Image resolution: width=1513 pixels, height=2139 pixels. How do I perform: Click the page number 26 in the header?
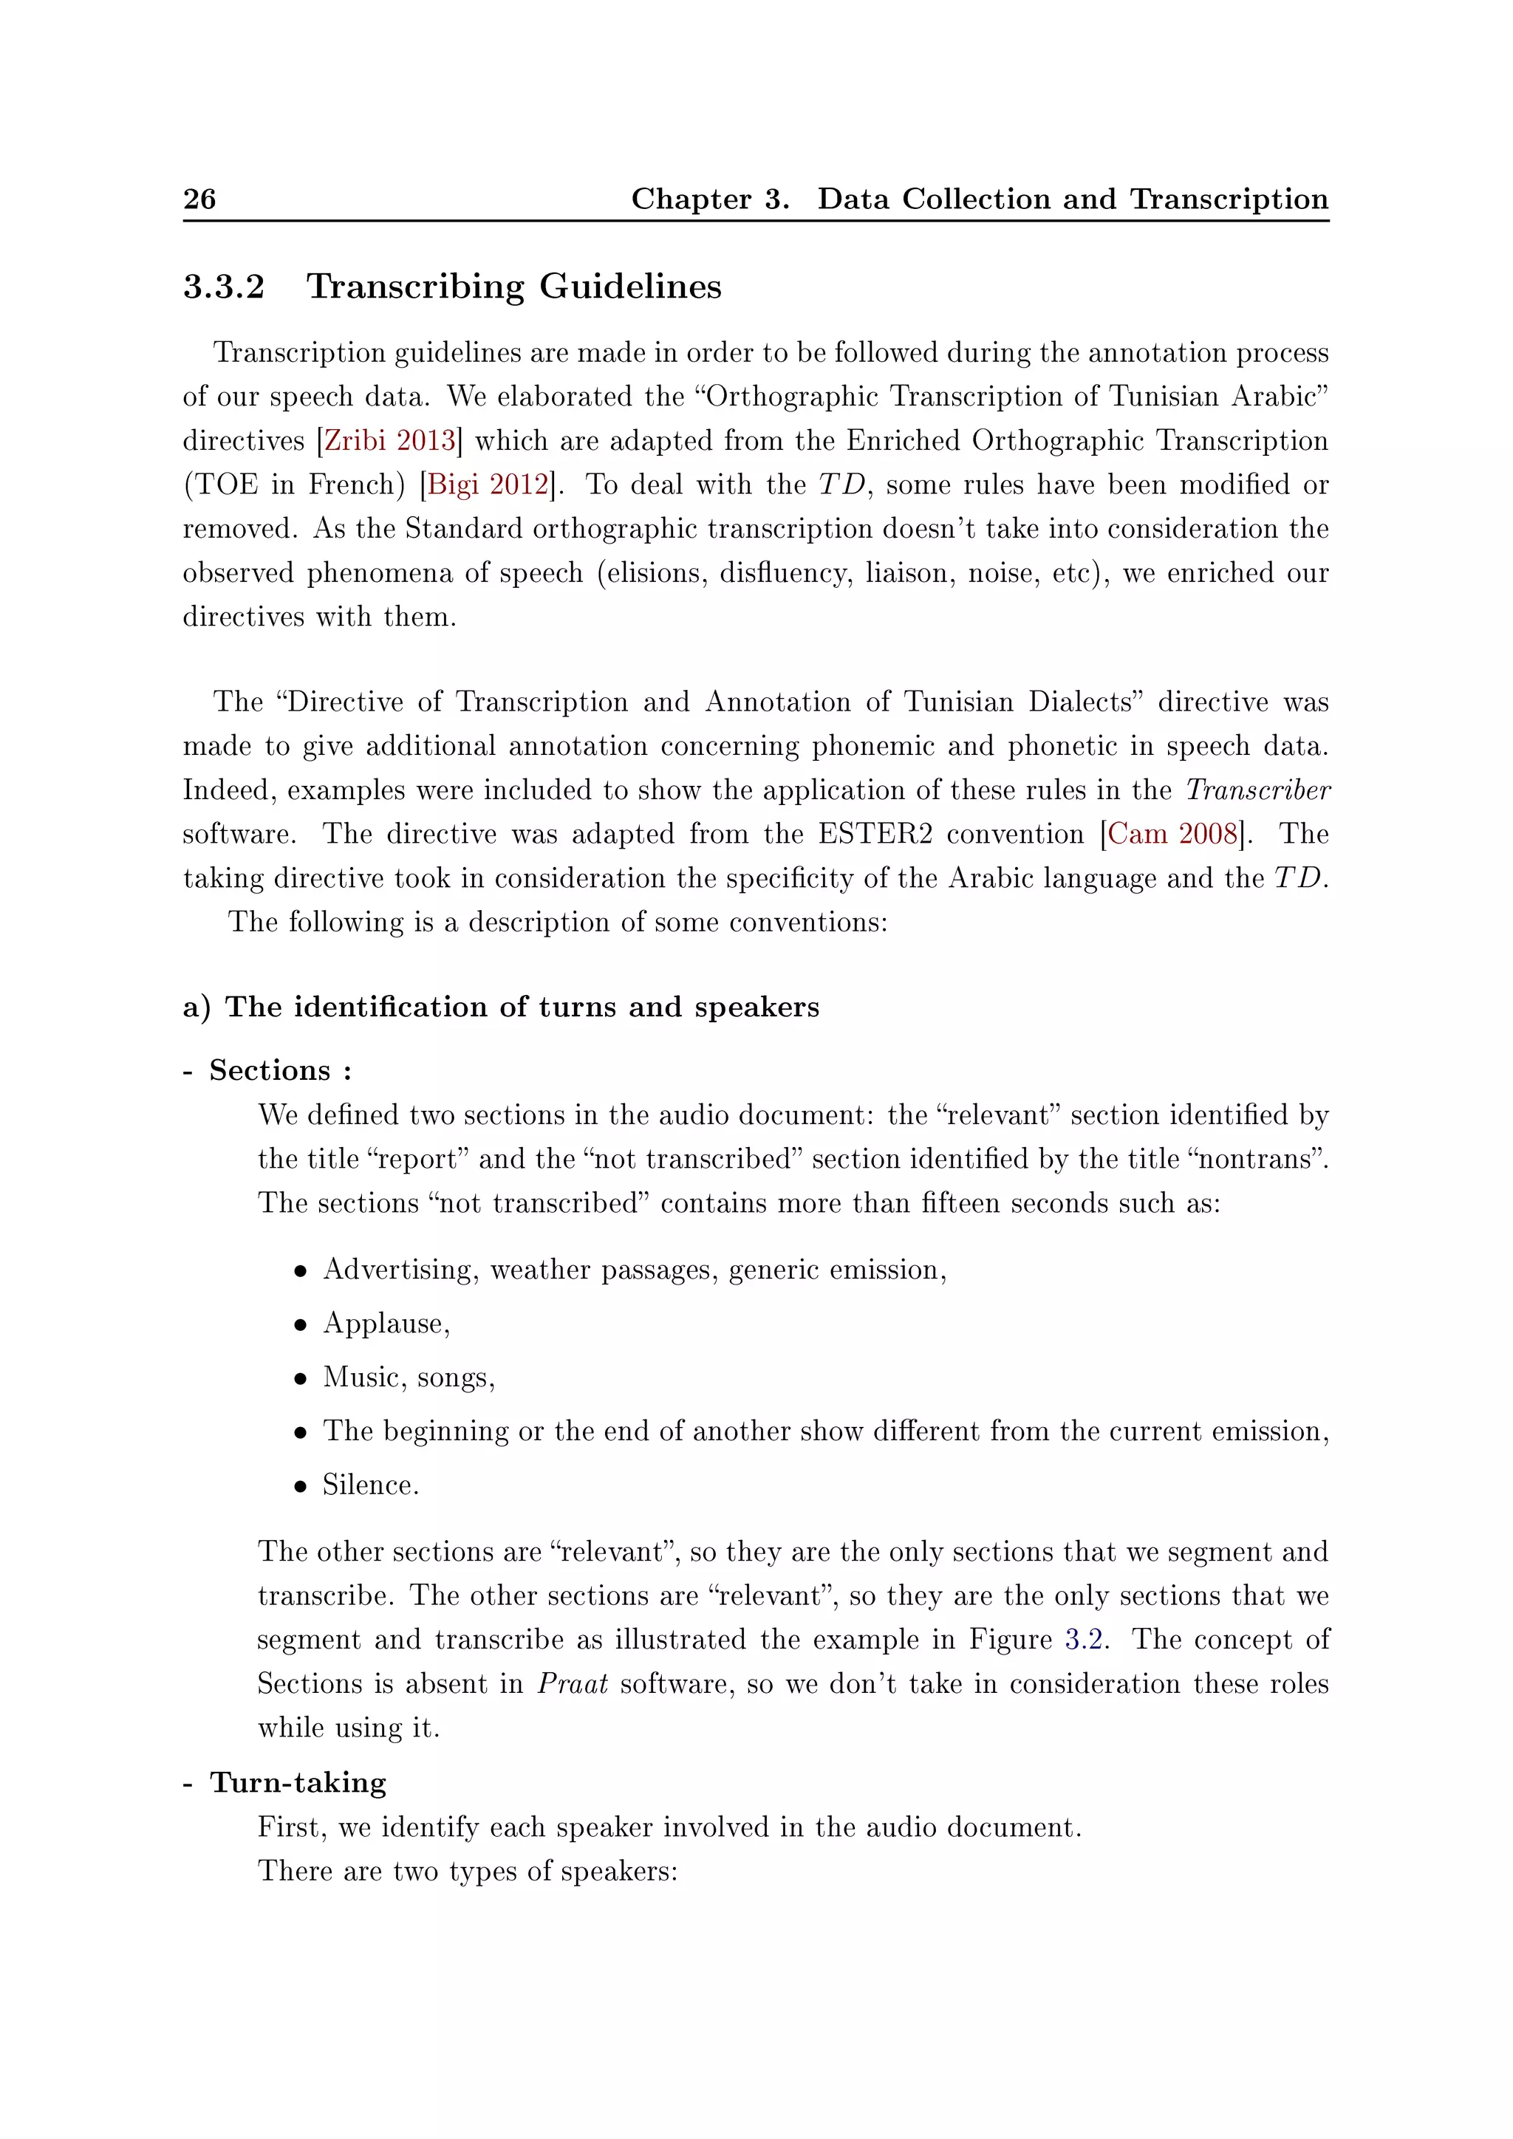[199, 199]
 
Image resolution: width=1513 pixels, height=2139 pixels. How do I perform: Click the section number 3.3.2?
[224, 286]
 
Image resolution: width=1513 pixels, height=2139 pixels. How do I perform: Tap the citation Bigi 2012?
[488, 485]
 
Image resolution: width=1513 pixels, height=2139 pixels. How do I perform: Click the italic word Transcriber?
[1257, 790]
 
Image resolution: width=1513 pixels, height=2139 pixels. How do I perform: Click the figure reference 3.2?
[1085, 1640]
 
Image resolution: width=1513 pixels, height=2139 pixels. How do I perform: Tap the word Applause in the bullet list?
[385, 1324]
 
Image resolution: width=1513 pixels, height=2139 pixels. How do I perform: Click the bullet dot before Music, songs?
[300, 1379]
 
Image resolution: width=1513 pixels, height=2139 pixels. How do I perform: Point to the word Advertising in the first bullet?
[400, 1270]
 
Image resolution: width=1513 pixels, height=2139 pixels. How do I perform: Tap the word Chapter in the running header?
[690, 199]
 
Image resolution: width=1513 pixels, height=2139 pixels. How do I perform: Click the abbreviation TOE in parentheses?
[225, 485]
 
